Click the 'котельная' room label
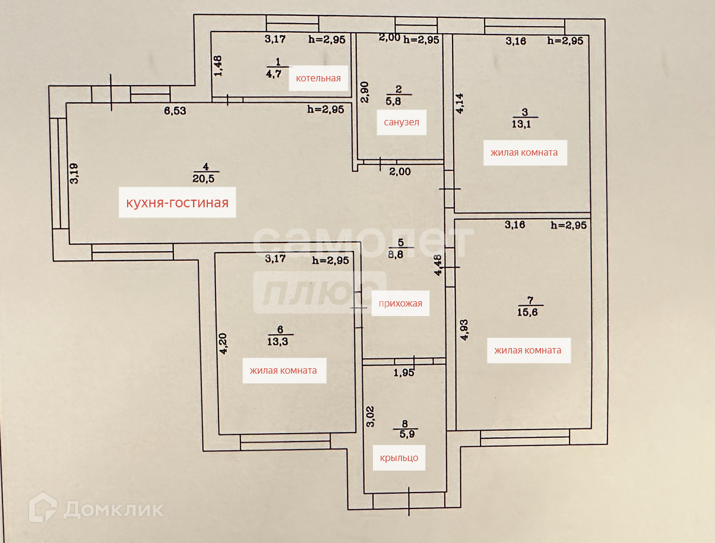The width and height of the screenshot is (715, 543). coord(318,78)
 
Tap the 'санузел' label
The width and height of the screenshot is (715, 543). coord(401,122)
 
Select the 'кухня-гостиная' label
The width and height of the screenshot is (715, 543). coord(177,203)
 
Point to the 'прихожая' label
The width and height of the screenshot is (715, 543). coord(400,304)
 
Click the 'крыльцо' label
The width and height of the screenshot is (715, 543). coord(399,457)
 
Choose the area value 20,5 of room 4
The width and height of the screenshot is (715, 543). coord(204,178)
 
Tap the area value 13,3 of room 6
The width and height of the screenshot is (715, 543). coord(280,340)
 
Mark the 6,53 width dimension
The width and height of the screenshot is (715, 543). coord(175,110)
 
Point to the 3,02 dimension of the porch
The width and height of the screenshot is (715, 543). coord(371,416)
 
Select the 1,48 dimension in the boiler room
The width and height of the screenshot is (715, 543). coord(218,65)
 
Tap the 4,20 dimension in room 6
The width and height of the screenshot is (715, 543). coord(223,343)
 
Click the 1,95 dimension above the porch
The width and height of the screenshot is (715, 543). coord(404,373)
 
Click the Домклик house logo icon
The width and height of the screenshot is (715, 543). coord(43,508)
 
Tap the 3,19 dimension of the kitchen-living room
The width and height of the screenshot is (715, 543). coord(74,173)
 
